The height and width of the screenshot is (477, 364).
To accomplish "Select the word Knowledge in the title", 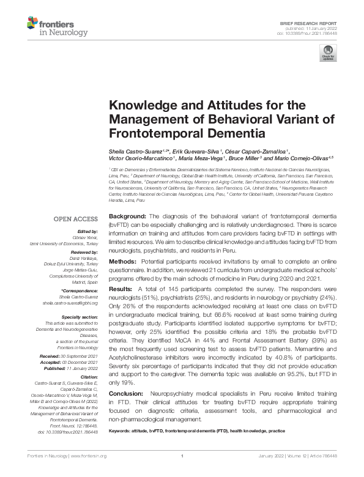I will pyautogui.click(x=138, y=105).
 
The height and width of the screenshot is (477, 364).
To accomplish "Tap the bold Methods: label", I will pyautogui.click(x=122, y=261).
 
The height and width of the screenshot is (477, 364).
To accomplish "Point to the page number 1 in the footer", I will pyautogui.click(x=182, y=456).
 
